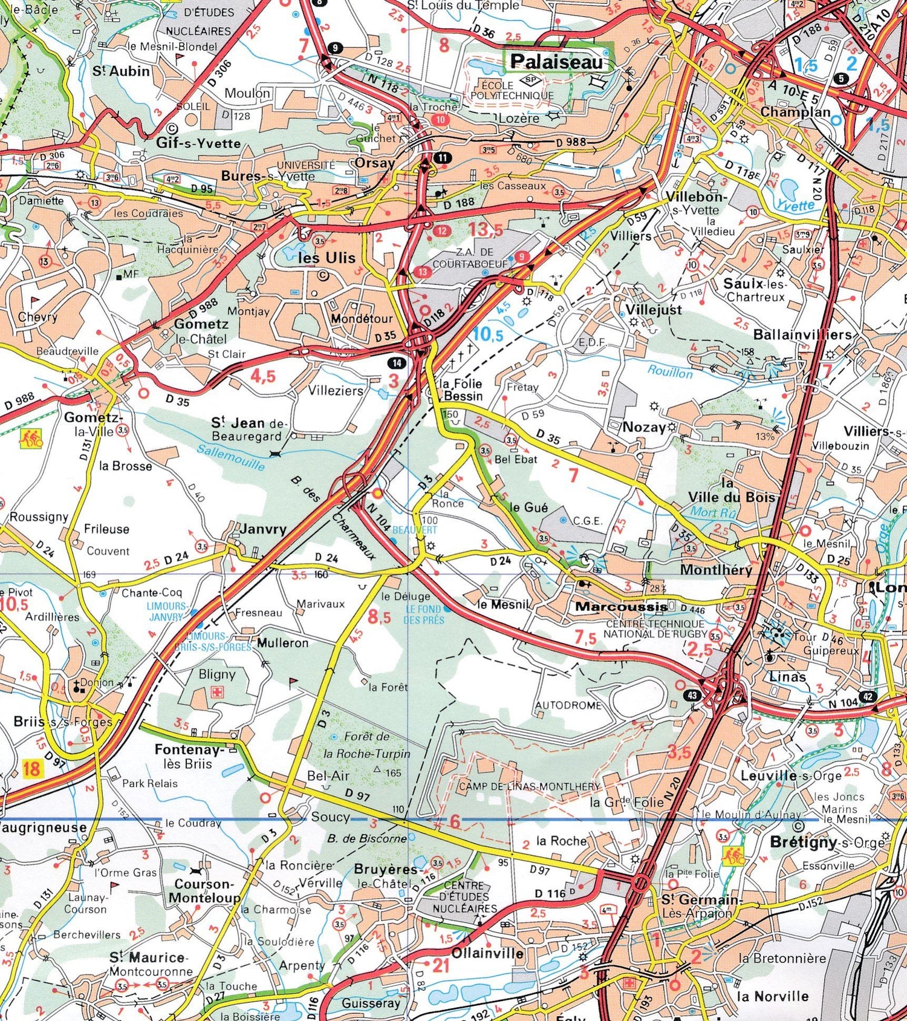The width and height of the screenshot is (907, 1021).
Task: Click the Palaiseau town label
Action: pyautogui.click(x=556, y=61)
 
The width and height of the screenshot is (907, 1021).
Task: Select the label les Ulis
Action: pyautogui.click(x=327, y=258)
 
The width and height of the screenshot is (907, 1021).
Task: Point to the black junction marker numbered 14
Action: pyautogui.click(x=397, y=363)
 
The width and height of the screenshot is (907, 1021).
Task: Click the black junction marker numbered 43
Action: pyautogui.click(x=692, y=695)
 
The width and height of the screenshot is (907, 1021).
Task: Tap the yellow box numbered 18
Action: pyautogui.click(x=31, y=769)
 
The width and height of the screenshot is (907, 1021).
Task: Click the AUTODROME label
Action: pyautogui.click(x=568, y=705)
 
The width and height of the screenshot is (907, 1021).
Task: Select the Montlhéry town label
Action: pyautogui.click(x=716, y=569)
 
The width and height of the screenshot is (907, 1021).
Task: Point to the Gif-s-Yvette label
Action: pyautogui.click(x=198, y=143)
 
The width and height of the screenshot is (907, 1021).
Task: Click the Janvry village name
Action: pyautogui.click(x=263, y=529)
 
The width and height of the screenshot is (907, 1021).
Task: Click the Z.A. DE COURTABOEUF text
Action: pyautogui.click(x=463, y=258)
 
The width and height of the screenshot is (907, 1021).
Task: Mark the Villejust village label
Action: pyautogui.click(x=654, y=310)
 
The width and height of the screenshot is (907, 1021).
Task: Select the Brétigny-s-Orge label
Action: pyautogui.click(x=827, y=841)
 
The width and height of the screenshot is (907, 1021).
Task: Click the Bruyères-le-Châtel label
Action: pyautogui.click(x=386, y=876)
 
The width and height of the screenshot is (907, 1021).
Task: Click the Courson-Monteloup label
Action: pyautogui.click(x=204, y=891)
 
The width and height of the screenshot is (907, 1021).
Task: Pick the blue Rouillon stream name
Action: pyautogui.click(x=670, y=371)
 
